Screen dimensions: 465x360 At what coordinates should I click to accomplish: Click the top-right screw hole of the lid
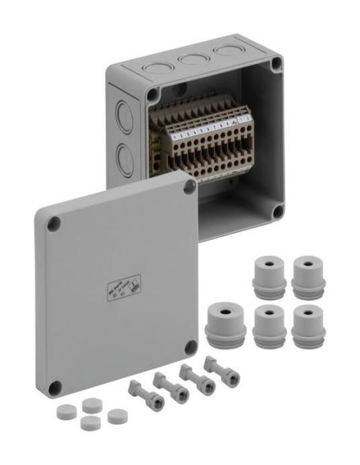point(189,187)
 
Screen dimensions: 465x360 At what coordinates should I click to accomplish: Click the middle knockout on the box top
point(189,58)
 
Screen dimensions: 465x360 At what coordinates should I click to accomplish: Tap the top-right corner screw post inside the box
point(276,65)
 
